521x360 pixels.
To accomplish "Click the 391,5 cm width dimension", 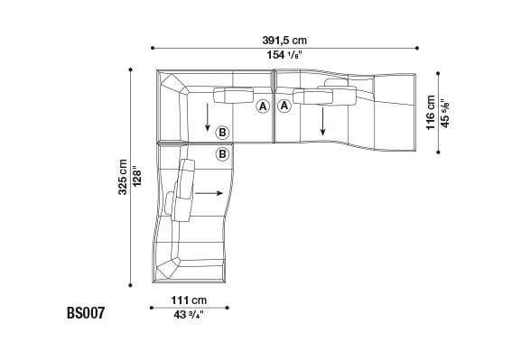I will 284,40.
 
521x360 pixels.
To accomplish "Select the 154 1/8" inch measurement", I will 284,56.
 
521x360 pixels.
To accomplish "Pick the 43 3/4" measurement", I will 190,315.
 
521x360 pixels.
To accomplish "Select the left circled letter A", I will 263,106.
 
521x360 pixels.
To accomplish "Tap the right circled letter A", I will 284,106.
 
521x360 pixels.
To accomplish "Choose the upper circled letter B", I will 222,133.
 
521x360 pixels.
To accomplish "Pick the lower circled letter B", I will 222,154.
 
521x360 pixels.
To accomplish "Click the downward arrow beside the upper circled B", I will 208,117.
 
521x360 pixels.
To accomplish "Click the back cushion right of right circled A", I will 314,96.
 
